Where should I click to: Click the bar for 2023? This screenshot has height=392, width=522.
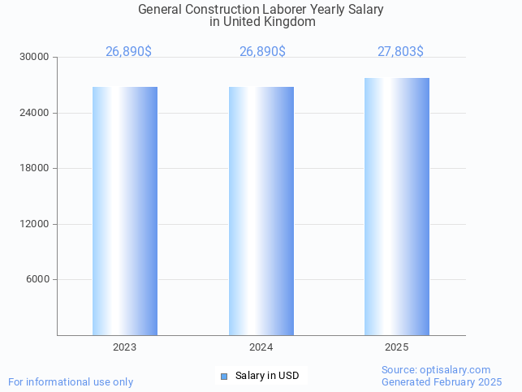(x=125, y=211)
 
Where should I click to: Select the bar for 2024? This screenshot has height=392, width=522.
(x=261, y=211)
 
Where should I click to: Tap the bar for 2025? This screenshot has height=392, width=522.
(x=397, y=207)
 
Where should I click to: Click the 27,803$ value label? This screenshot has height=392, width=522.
(x=400, y=52)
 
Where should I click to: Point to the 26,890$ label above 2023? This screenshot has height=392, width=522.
(x=128, y=52)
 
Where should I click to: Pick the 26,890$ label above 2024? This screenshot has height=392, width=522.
(x=262, y=52)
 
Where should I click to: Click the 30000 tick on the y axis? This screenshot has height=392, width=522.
(x=35, y=58)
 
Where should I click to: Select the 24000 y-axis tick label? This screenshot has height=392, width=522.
(x=35, y=113)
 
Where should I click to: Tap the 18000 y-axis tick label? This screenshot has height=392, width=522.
(x=35, y=169)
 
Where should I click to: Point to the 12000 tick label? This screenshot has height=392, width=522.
(x=35, y=224)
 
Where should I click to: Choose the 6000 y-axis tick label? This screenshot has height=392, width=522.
(x=37, y=280)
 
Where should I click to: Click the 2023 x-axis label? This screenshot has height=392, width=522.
(x=125, y=347)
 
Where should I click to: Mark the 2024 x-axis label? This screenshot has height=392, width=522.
(x=261, y=347)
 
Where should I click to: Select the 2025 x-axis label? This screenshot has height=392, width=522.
(x=397, y=347)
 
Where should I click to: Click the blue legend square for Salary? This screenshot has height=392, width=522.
(x=224, y=376)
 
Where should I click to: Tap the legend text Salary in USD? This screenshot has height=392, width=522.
(x=267, y=376)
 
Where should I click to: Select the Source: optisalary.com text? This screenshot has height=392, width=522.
(x=436, y=370)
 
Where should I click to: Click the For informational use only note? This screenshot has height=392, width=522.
(x=71, y=381)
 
